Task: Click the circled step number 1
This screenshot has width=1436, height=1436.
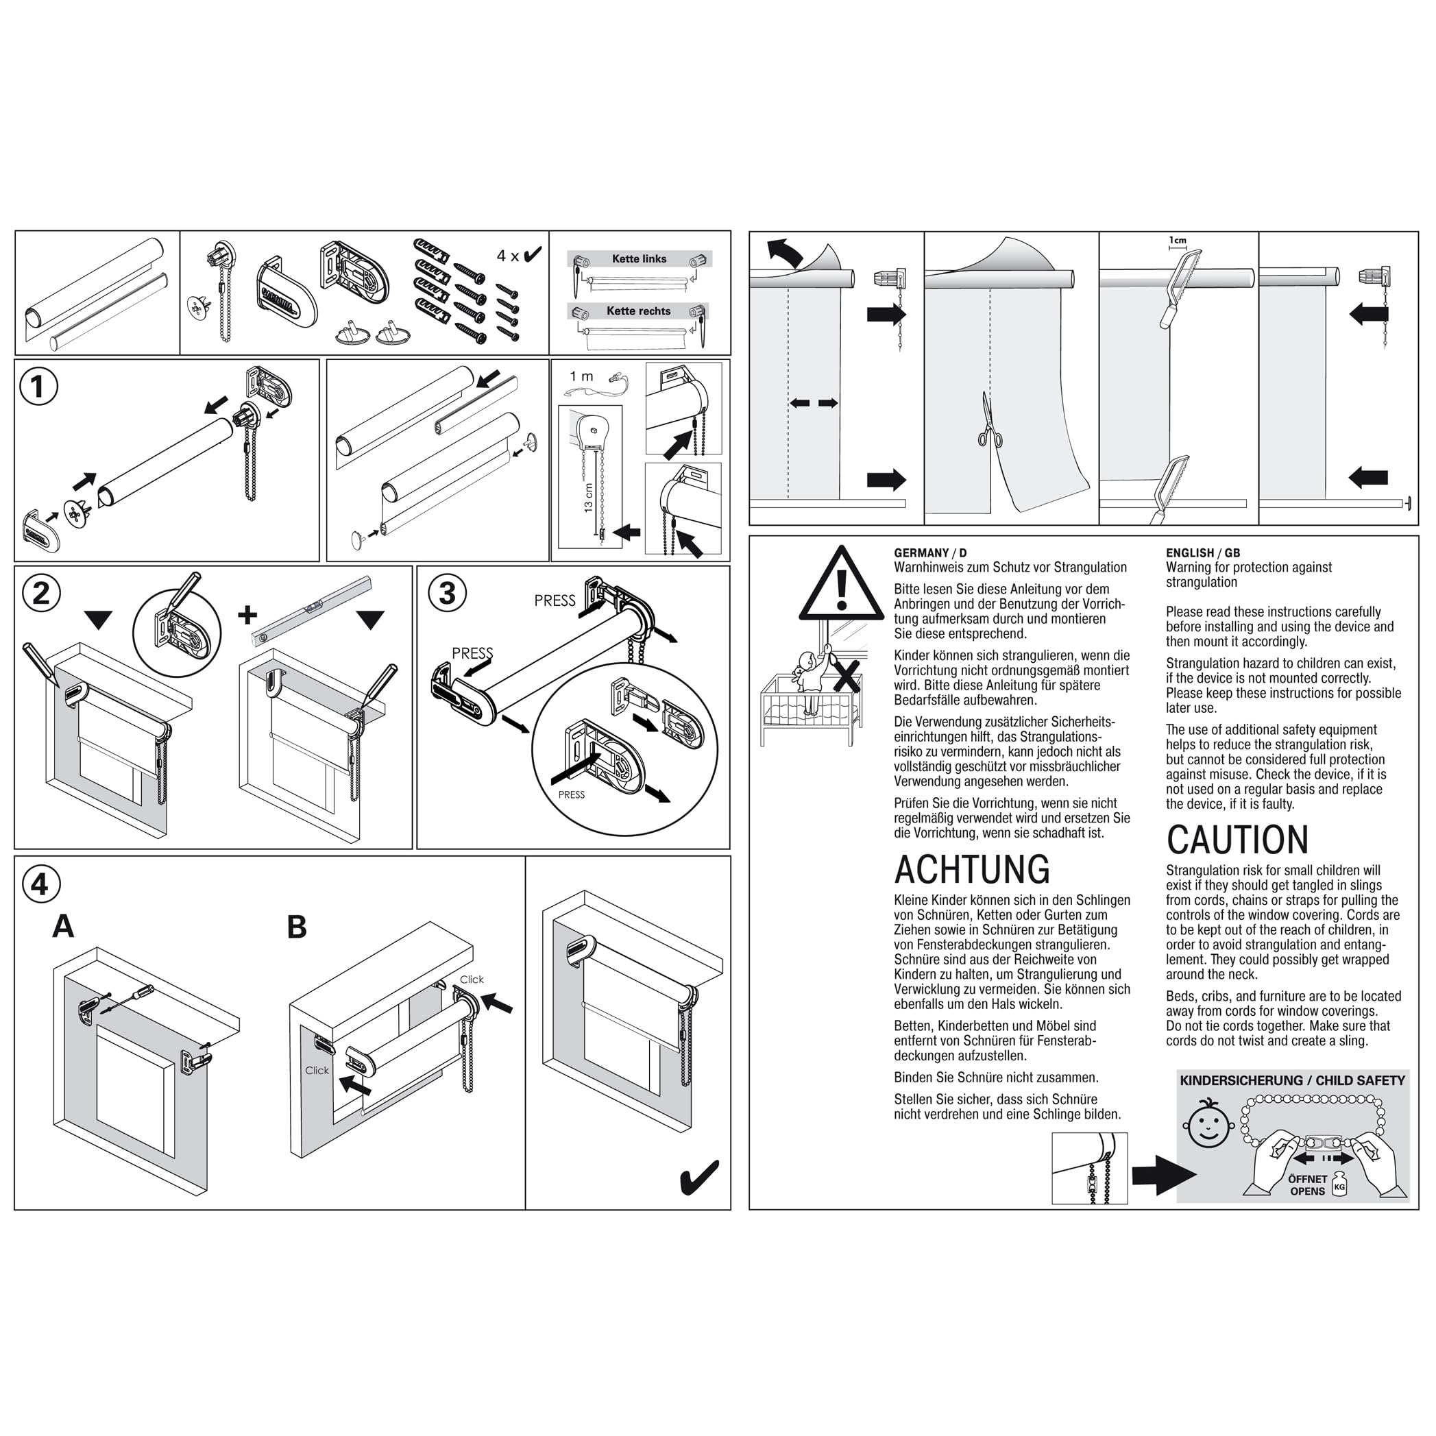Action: (38, 387)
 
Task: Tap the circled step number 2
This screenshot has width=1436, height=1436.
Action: (41, 593)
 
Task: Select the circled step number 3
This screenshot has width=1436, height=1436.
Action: (448, 593)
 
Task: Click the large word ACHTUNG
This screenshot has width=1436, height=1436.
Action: (972, 870)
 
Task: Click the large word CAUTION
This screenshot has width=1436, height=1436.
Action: (1237, 840)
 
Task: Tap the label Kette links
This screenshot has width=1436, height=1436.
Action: (640, 258)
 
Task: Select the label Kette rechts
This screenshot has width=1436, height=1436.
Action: (638, 311)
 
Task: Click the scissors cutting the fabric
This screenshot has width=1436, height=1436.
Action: (988, 421)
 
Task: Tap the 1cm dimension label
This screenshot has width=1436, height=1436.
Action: (1178, 241)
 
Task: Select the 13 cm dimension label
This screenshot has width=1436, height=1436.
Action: (589, 497)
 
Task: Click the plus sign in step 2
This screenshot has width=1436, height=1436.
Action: (247, 615)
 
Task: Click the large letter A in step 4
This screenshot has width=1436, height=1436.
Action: (63, 927)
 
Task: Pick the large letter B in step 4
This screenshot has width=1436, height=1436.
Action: (297, 927)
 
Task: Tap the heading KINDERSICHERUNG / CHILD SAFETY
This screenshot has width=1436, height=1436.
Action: (1293, 1081)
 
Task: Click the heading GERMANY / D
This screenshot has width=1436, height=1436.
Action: (930, 553)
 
